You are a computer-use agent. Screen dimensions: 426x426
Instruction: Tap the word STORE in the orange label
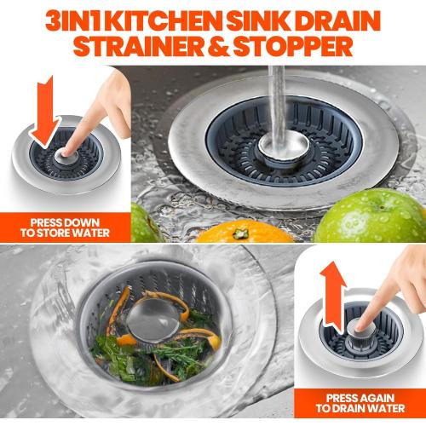tap(62, 232)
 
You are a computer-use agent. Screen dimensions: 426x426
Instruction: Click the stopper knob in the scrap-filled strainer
tap(159, 314)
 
